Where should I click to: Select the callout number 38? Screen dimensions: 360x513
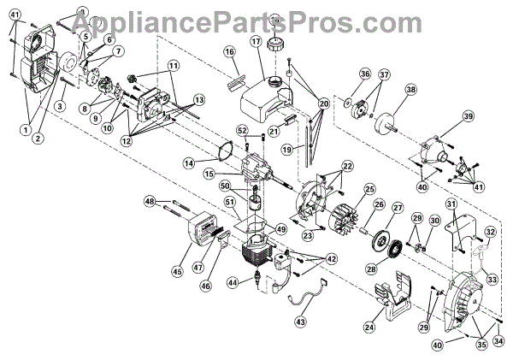(x=410, y=90)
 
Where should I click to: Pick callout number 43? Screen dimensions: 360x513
(x=300, y=322)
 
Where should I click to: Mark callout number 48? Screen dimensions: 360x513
(x=149, y=202)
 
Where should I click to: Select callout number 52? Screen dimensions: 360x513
(x=243, y=130)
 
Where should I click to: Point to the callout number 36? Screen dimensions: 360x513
(x=365, y=74)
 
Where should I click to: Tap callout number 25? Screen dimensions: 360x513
(x=370, y=188)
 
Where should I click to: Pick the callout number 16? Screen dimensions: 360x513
(x=229, y=52)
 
